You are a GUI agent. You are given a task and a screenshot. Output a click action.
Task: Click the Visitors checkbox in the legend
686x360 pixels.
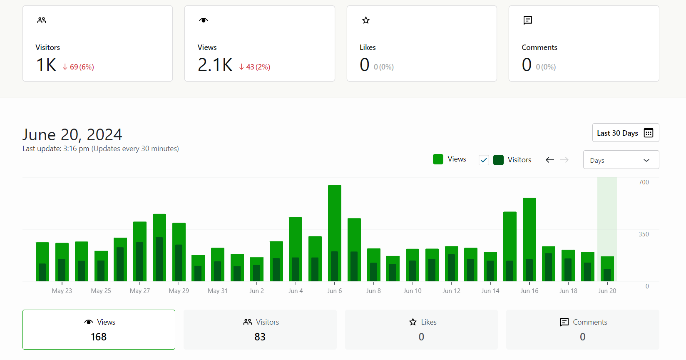pos(484,160)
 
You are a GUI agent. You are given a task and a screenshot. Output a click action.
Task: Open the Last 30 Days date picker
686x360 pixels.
pos(625,133)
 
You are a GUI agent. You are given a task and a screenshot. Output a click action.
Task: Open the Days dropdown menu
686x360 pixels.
pos(621,160)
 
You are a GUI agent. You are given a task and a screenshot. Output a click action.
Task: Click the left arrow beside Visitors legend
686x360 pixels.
pos(550,160)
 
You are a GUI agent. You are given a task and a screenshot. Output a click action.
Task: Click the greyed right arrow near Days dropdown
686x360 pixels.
pos(564,160)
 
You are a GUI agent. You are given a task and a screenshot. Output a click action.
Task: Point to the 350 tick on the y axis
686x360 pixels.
pos(644,234)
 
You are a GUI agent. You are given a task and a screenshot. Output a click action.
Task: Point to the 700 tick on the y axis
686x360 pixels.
pos(644,182)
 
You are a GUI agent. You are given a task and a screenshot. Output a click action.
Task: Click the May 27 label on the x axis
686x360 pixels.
pos(140,291)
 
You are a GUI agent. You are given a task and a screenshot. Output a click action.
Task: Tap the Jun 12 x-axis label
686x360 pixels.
pos(451,291)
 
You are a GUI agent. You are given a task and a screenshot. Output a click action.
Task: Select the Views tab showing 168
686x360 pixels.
pos(99,330)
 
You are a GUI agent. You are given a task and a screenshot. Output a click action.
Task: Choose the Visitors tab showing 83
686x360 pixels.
pos(260,330)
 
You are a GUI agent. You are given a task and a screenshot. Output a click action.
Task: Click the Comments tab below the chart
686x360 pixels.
pos(582,330)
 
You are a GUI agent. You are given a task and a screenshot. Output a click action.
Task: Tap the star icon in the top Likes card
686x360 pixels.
pos(366,20)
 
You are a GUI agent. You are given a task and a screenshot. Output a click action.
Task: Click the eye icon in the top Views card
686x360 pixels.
pos(204,20)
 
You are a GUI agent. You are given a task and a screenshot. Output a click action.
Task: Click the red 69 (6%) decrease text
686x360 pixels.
pos(78,67)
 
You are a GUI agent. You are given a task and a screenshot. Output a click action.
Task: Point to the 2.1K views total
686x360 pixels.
pos(215,65)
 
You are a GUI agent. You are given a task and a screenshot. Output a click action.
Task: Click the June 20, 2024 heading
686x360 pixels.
pos(72,134)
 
